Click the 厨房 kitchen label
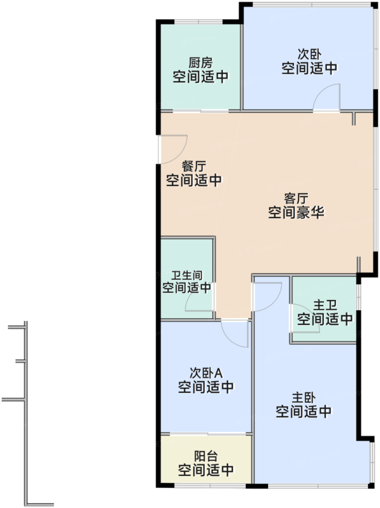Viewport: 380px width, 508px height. pos(200,62)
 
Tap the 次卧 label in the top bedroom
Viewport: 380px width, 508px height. pos(310,54)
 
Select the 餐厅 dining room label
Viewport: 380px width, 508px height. pos(194,166)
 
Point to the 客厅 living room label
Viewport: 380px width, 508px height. pos(296,198)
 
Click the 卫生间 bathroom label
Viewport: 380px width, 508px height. pos(187,275)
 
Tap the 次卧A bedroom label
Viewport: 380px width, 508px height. pos(206,373)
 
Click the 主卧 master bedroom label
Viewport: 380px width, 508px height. pos(304,397)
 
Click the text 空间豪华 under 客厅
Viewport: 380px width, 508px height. pos(296,212)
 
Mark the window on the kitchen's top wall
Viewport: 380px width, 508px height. pos(198,22)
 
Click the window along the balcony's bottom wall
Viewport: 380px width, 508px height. pos(210,485)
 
